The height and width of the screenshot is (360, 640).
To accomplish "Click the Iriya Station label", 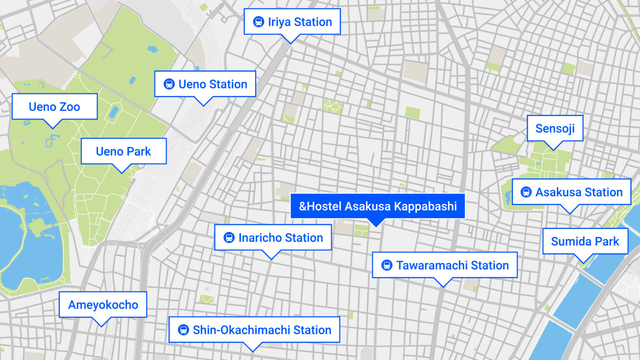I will point(292,22).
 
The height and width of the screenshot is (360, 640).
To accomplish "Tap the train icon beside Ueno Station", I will point(169,84).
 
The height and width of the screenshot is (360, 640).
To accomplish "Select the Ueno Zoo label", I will point(55,107).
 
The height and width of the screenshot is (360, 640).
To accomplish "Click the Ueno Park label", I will point(123,151).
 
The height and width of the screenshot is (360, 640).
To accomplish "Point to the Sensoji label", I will point(555,128).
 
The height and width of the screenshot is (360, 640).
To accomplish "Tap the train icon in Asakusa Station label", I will point(526,192).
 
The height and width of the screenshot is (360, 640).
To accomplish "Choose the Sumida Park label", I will point(585,241).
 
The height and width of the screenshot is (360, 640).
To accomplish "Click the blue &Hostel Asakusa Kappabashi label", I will point(377,206).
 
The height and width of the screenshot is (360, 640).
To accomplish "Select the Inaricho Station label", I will point(273,237).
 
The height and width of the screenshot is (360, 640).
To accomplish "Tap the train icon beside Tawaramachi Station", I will point(387,265).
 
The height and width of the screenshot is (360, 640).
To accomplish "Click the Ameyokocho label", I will point(103,305).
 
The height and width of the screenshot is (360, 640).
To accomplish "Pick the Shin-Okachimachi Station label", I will point(254,330).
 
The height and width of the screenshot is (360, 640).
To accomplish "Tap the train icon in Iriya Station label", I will point(258,22).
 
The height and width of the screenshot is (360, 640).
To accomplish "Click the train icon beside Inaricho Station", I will point(229,237).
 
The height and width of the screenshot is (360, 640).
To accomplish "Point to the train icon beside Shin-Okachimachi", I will point(183,330).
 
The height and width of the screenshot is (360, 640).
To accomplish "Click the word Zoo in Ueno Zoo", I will point(70,107).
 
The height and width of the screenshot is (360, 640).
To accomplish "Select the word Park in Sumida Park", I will point(607,241).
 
